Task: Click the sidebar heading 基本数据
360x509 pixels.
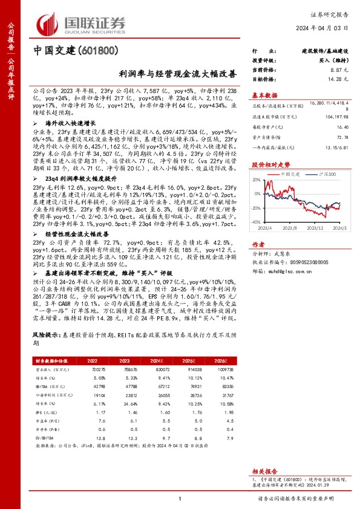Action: click(x=264, y=95)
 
